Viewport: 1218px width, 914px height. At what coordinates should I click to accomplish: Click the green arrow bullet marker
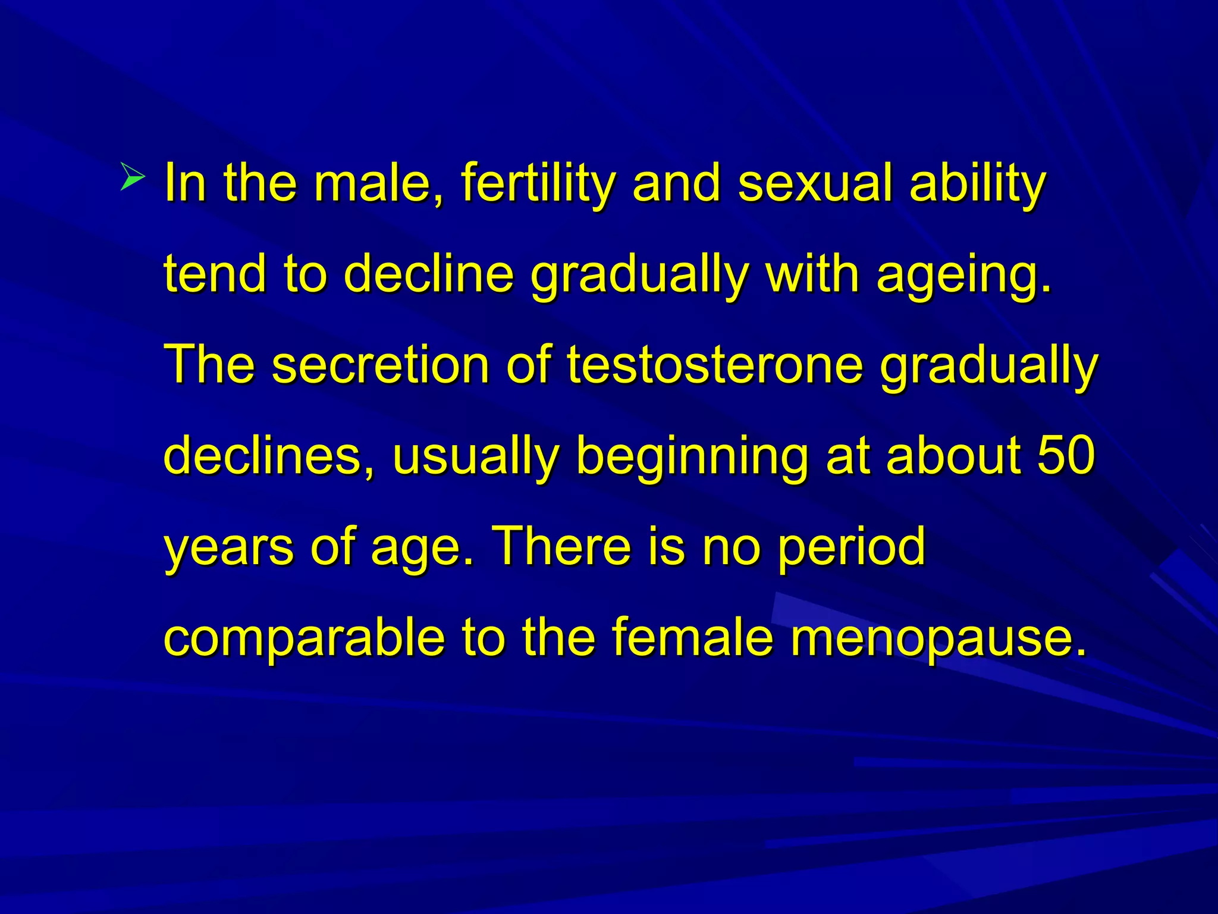click(132, 177)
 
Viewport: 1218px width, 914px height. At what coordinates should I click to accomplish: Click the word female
click(692, 637)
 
